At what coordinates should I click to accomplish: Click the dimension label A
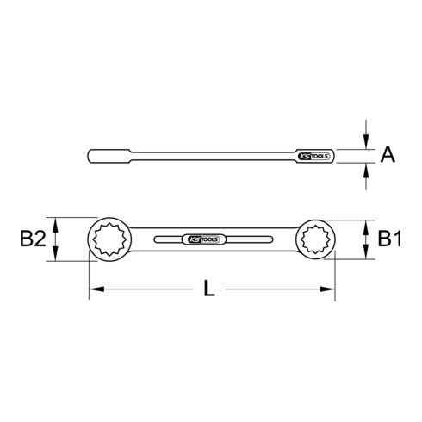pyautogui.click(x=388, y=155)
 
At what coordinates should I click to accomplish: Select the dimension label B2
pyautogui.click(x=32, y=239)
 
